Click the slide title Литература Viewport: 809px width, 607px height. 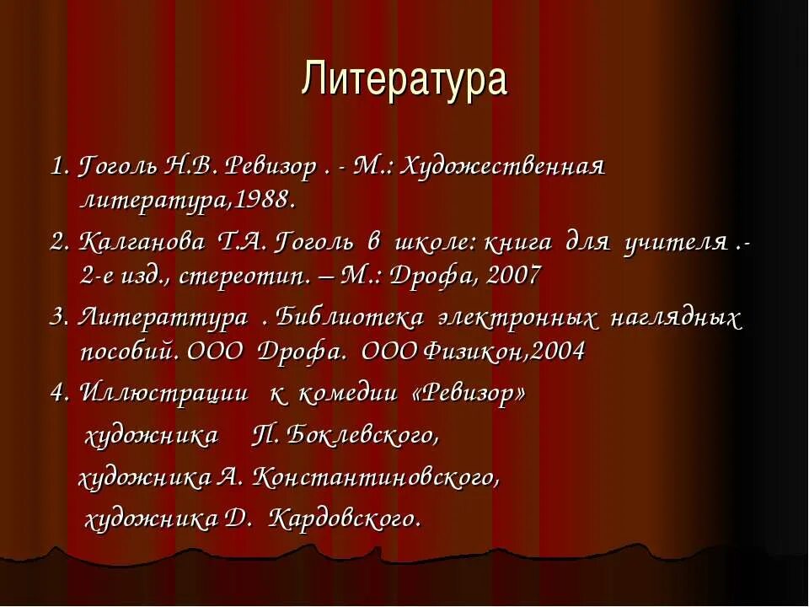coord(404,79)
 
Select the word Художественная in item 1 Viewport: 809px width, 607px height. coord(502,167)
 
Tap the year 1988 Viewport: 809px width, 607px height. coord(262,201)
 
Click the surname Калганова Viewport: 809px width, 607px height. coord(142,243)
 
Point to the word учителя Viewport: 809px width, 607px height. coord(676,243)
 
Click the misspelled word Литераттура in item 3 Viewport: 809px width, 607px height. coord(163,318)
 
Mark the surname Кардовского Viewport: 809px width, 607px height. coord(344,518)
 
